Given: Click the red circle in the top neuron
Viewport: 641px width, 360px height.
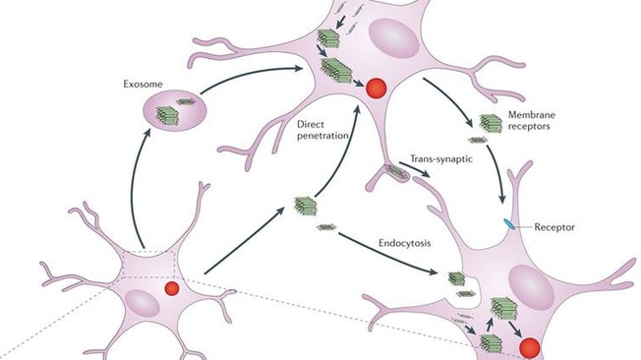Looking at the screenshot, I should coord(375,90).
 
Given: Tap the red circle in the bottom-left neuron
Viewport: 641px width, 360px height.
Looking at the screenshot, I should coord(171,289).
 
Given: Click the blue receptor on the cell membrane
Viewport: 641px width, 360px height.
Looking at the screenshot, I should coord(509,225).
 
